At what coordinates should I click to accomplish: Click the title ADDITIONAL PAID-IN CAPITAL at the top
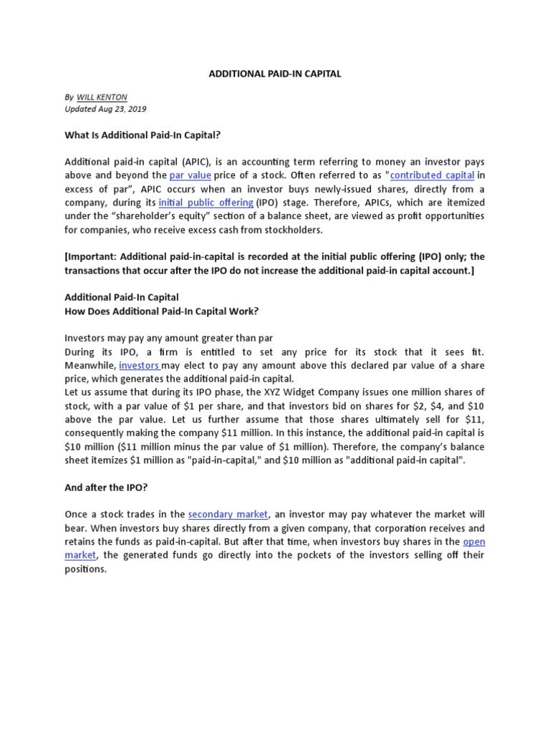[x=274, y=74]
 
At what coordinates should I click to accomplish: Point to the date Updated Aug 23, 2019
[x=105, y=110]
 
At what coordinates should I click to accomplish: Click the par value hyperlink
[x=190, y=175]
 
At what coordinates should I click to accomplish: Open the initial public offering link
[x=206, y=203]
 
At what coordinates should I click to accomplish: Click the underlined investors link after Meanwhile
[x=138, y=365]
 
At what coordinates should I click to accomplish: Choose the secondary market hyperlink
[x=228, y=514]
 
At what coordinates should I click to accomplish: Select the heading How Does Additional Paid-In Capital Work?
[x=161, y=310]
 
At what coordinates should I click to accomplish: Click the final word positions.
[x=85, y=569]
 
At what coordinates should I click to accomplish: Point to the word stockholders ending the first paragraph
[x=289, y=230]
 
